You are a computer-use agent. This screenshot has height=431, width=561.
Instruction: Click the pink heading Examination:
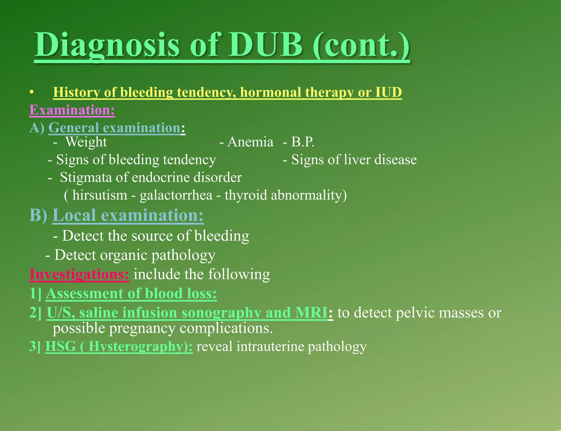72,110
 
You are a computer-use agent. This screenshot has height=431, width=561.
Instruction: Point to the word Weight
86,142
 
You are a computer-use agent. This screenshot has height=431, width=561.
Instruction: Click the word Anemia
250,142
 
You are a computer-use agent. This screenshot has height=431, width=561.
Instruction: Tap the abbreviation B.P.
303,142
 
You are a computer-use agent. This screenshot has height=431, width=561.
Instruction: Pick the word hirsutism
100,195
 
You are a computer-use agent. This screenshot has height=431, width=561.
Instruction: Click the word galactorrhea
176,195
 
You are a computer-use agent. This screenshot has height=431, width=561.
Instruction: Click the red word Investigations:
79,274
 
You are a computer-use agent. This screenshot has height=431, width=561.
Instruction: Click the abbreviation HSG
61,346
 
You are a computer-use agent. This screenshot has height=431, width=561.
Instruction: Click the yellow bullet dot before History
32,93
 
